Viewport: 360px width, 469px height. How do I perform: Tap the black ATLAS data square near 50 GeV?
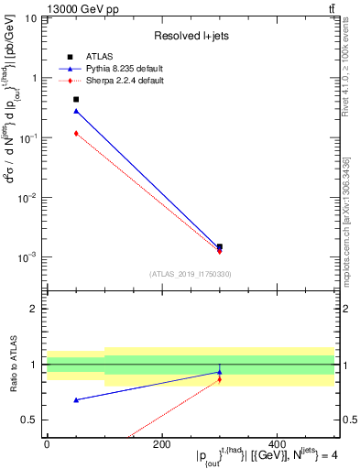pos(76,99)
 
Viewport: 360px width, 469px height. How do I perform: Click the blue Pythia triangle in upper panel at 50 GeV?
pos(76,111)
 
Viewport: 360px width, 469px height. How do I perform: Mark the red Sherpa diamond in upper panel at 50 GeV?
pos(76,133)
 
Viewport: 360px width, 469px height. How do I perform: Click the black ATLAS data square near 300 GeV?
pos(220,246)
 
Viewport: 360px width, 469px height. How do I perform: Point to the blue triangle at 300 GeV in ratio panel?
pos(220,372)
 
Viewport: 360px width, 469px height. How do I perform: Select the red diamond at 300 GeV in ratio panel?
pos(220,379)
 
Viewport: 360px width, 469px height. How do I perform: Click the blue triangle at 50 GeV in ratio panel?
pos(76,399)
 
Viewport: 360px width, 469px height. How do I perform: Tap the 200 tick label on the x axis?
pos(161,444)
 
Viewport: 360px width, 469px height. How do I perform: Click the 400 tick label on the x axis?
pos(276,444)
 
